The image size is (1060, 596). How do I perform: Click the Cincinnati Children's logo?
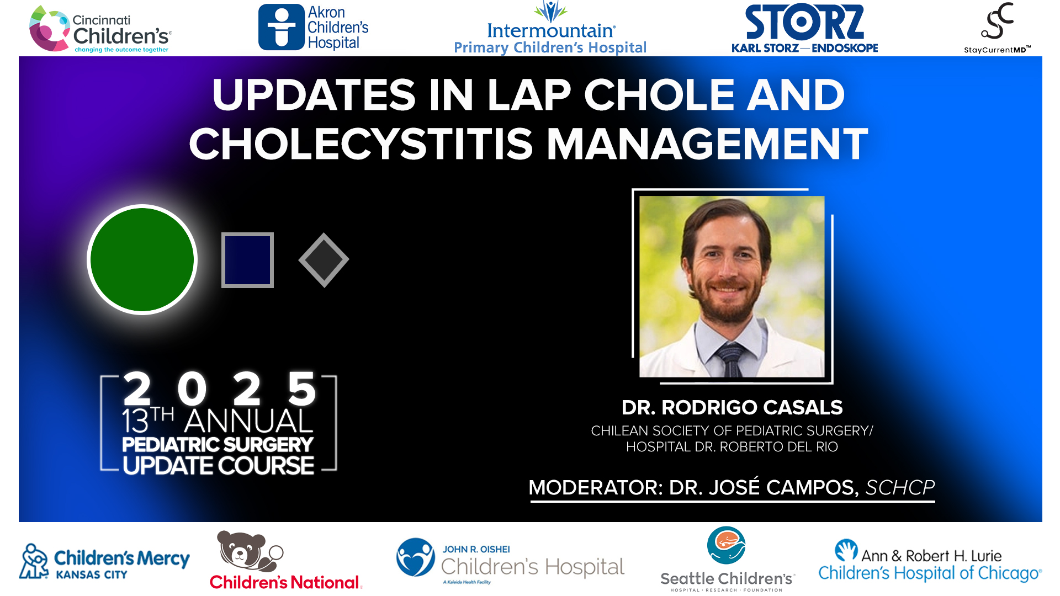click(x=100, y=30)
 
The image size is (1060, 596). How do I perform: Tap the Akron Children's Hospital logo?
click(x=314, y=28)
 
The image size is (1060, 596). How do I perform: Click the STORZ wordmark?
click(x=804, y=23)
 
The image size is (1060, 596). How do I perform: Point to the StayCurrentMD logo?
click(x=997, y=28)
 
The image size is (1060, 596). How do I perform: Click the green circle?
click(x=142, y=259)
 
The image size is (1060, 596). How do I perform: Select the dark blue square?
click(x=247, y=260)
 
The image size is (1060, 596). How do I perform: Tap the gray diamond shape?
click(x=324, y=260)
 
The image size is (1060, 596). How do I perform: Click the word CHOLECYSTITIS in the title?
click(x=361, y=145)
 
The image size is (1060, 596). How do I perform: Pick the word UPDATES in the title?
click(x=314, y=95)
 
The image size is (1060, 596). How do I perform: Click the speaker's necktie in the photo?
click(x=730, y=359)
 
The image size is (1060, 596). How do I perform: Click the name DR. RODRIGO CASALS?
click(x=732, y=408)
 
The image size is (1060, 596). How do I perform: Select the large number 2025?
click(x=219, y=389)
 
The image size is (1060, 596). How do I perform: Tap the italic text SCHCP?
click(x=900, y=487)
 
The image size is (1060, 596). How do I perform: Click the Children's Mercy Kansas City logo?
click(x=105, y=562)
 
